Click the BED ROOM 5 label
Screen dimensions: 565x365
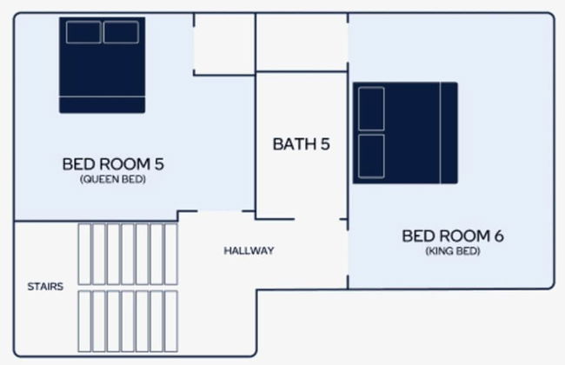(113, 164)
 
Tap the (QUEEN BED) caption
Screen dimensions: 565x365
(113, 179)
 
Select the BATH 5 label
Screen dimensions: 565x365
(302, 144)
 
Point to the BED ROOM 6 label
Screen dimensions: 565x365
(453, 236)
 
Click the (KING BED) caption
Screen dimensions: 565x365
(453, 251)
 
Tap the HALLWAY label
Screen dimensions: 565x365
(249, 250)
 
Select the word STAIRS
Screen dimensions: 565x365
(45, 287)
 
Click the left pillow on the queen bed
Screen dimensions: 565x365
(83, 32)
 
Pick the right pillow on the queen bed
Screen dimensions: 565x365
(121, 32)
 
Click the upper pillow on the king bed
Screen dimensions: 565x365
(371, 109)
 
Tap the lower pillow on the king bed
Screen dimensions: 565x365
(371, 156)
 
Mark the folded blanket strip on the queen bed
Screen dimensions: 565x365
(103, 104)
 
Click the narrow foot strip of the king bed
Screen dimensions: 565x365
(449, 133)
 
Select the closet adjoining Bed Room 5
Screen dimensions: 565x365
(224, 44)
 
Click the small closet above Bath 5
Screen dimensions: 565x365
(302, 43)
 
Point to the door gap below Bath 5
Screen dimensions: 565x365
(317, 219)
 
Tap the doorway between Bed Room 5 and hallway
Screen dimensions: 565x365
(220, 211)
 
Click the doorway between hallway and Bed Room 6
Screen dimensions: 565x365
(348, 253)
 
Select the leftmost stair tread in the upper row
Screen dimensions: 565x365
(84, 254)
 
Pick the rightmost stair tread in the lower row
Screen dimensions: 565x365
(171, 321)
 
